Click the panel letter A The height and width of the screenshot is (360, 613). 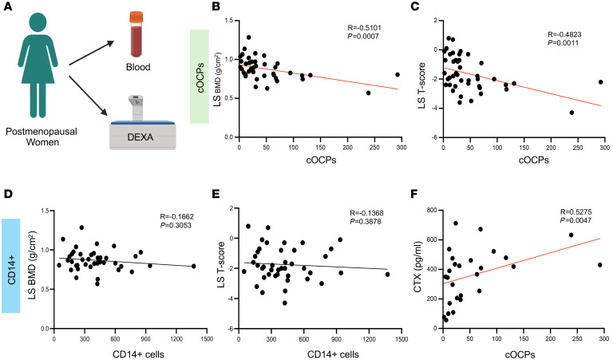pyautogui.click(x=6, y=7)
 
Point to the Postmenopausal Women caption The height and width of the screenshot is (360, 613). pyautogui.click(x=38, y=133)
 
